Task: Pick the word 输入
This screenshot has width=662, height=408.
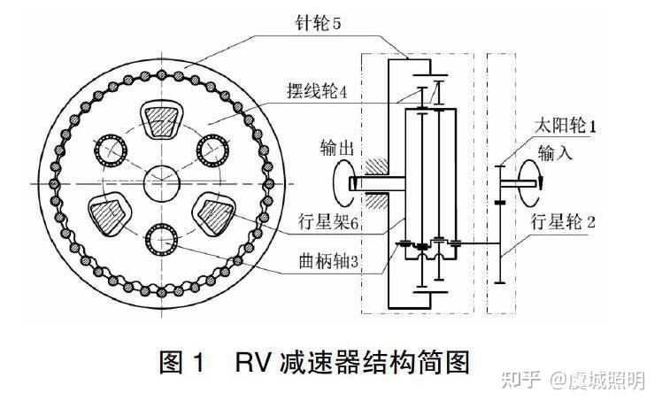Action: [x=557, y=153]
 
